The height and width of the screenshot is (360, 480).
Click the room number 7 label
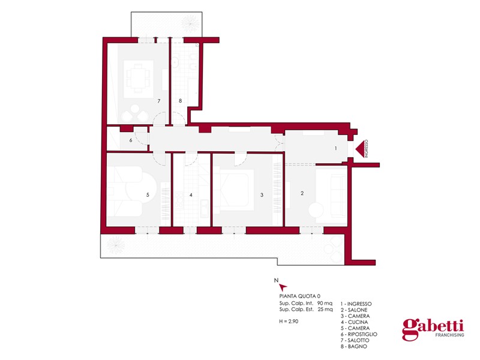pos(159,101)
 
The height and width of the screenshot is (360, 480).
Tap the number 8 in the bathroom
pos(181,101)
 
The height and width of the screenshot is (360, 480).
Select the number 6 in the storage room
pos(131,140)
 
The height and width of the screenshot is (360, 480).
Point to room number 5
pos(148,194)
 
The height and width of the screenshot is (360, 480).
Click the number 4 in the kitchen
pos(191,194)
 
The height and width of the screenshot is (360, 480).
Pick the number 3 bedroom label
pos(262,194)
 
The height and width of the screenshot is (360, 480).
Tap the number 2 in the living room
pos(302,193)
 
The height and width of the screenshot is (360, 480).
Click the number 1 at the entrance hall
pos(335,148)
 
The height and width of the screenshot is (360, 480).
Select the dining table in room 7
pos(139,79)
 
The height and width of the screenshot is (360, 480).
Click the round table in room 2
pos(316,209)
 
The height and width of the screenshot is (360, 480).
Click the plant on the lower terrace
pos(115,245)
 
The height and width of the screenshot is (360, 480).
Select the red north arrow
pos(283,287)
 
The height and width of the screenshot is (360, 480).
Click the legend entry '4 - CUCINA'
pos(354,322)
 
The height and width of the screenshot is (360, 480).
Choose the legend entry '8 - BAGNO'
pos(353,347)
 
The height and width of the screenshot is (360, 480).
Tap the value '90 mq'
pos(325,304)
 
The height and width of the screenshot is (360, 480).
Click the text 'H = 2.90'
pos(289,322)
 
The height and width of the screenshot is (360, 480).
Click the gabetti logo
pos(433,329)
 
